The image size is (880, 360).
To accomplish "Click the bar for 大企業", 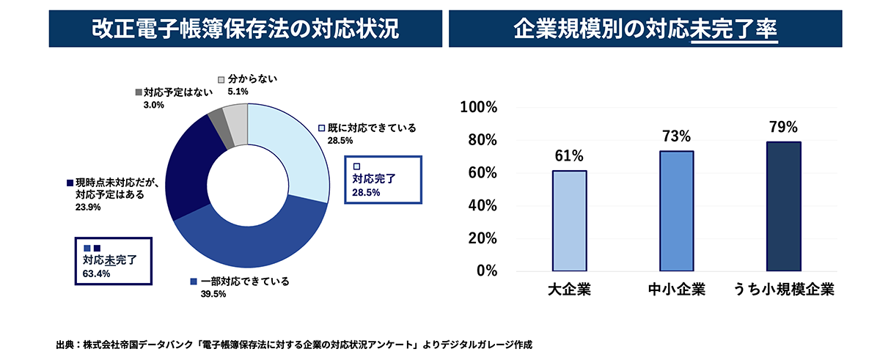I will [x=569, y=221].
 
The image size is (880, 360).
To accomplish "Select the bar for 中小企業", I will [x=676, y=211].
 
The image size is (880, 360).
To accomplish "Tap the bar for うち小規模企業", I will [x=782, y=206].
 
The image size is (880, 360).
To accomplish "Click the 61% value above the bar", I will [x=569, y=156].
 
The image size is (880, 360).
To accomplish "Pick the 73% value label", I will [x=676, y=136].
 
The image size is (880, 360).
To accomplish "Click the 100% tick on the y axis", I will [x=478, y=108].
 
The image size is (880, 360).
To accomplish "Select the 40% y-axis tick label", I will [x=482, y=205].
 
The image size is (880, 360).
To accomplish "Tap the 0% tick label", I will [x=486, y=271].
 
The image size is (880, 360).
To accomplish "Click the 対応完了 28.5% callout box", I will [x=384, y=179].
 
